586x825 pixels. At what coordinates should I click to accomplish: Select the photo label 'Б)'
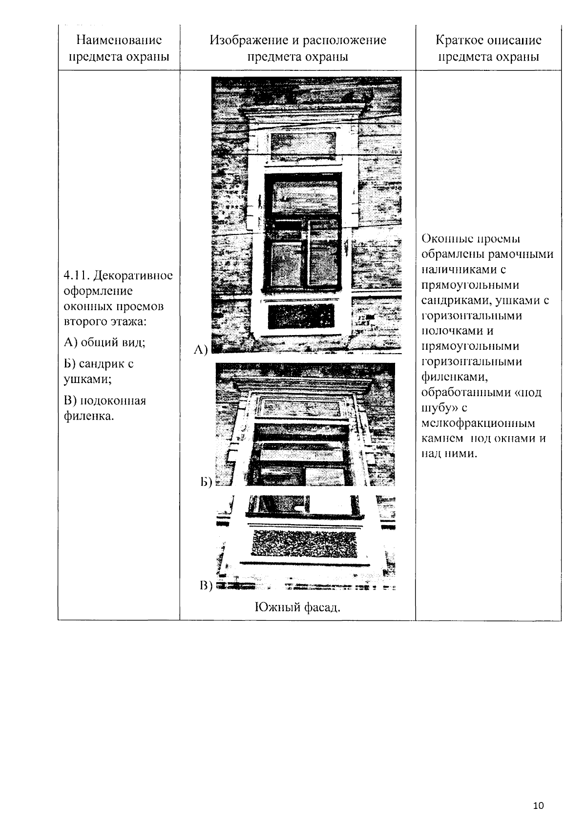206,482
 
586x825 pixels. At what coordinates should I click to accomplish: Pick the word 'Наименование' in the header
119,40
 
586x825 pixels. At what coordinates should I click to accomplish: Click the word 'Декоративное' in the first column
133,276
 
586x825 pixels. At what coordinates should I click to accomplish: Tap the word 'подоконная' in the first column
113,401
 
